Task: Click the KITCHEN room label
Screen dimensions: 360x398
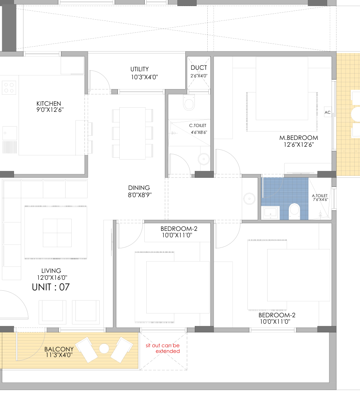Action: [x=49, y=103]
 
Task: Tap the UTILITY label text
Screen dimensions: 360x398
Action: [x=139, y=69]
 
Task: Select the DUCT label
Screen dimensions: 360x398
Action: [x=199, y=68]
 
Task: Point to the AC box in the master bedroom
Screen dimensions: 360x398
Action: [x=327, y=113]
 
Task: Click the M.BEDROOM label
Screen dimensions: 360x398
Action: [x=299, y=138]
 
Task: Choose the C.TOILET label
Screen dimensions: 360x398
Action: [x=198, y=125]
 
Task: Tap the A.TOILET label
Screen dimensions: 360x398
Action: [x=320, y=196]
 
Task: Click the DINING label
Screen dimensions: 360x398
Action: [x=139, y=188]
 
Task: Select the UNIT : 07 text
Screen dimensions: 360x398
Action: [x=51, y=287]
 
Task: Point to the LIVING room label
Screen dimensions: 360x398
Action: [x=51, y=271]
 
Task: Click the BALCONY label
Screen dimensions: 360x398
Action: [x=59, y=349]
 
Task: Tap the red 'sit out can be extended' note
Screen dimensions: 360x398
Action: [x=163, y=348]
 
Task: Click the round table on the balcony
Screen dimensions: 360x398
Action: [x=104, y=348]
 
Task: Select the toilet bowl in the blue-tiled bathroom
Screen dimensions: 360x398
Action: [x=294, y=211]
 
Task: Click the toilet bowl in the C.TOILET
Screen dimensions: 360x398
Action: [x=189, y=103]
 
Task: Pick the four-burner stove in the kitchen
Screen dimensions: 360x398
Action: [x=9, y=88]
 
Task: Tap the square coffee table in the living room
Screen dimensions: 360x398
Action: [x=57, y=233]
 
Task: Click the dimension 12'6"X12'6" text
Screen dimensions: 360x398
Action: [x=299, y=144]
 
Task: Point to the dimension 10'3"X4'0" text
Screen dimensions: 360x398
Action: [x=144, y=77]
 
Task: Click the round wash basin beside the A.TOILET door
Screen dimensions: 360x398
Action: [x=249, y=199]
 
